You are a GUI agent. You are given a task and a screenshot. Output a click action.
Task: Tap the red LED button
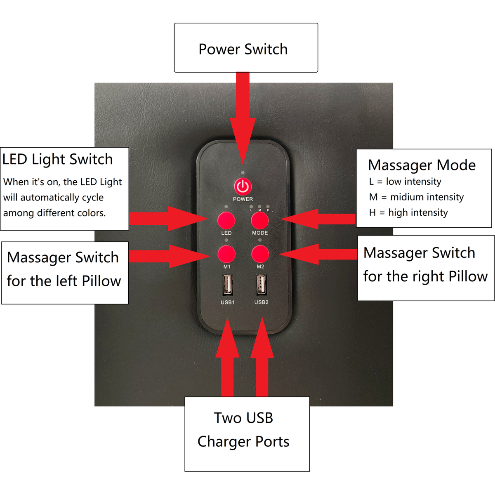[226, 221]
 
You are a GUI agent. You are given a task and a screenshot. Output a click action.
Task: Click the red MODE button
[260, 221]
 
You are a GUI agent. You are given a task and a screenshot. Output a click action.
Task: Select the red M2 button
[260, 254]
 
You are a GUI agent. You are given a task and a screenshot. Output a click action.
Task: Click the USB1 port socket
[227, 285]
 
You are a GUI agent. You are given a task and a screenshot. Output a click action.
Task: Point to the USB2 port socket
[261, 285]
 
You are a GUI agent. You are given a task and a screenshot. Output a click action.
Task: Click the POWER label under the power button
[243, 199]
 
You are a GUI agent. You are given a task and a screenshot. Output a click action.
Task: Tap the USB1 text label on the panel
[227, 302]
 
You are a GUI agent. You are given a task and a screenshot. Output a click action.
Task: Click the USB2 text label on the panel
[261, 302]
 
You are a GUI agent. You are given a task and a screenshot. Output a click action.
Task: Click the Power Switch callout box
[246, 48]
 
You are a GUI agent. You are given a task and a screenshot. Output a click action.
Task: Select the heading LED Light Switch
[58, 159]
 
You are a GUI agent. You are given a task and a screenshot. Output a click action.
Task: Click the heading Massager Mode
[422, 165]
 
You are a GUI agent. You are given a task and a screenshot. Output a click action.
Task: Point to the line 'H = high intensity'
[408, 212]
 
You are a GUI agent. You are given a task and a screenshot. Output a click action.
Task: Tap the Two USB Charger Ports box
[247, 434]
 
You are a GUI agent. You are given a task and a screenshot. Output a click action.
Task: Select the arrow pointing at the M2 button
[318, 254]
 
